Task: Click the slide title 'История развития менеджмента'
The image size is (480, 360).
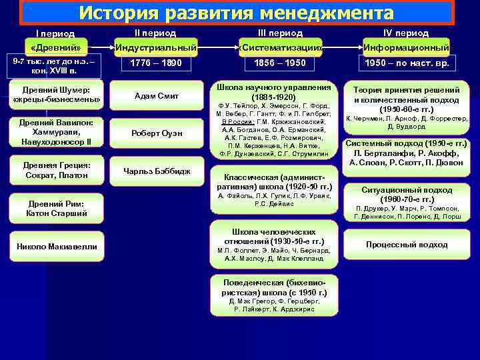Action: [236, 13]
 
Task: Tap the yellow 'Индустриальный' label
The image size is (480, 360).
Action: [156, 48]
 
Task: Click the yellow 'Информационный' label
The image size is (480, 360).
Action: [406, 48]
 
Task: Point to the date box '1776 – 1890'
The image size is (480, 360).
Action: [156, 65]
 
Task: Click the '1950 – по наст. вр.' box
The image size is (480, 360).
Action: [406, 65]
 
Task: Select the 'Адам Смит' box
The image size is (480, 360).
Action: [156, 96]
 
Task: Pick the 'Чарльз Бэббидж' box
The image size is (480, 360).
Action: [156, 171]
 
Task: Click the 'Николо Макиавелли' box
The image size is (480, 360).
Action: [57, 247]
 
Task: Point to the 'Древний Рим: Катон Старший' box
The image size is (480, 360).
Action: [57, 209]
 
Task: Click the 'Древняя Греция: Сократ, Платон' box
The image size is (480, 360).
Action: [57, 170]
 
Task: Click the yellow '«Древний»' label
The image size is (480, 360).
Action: [55, 48]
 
